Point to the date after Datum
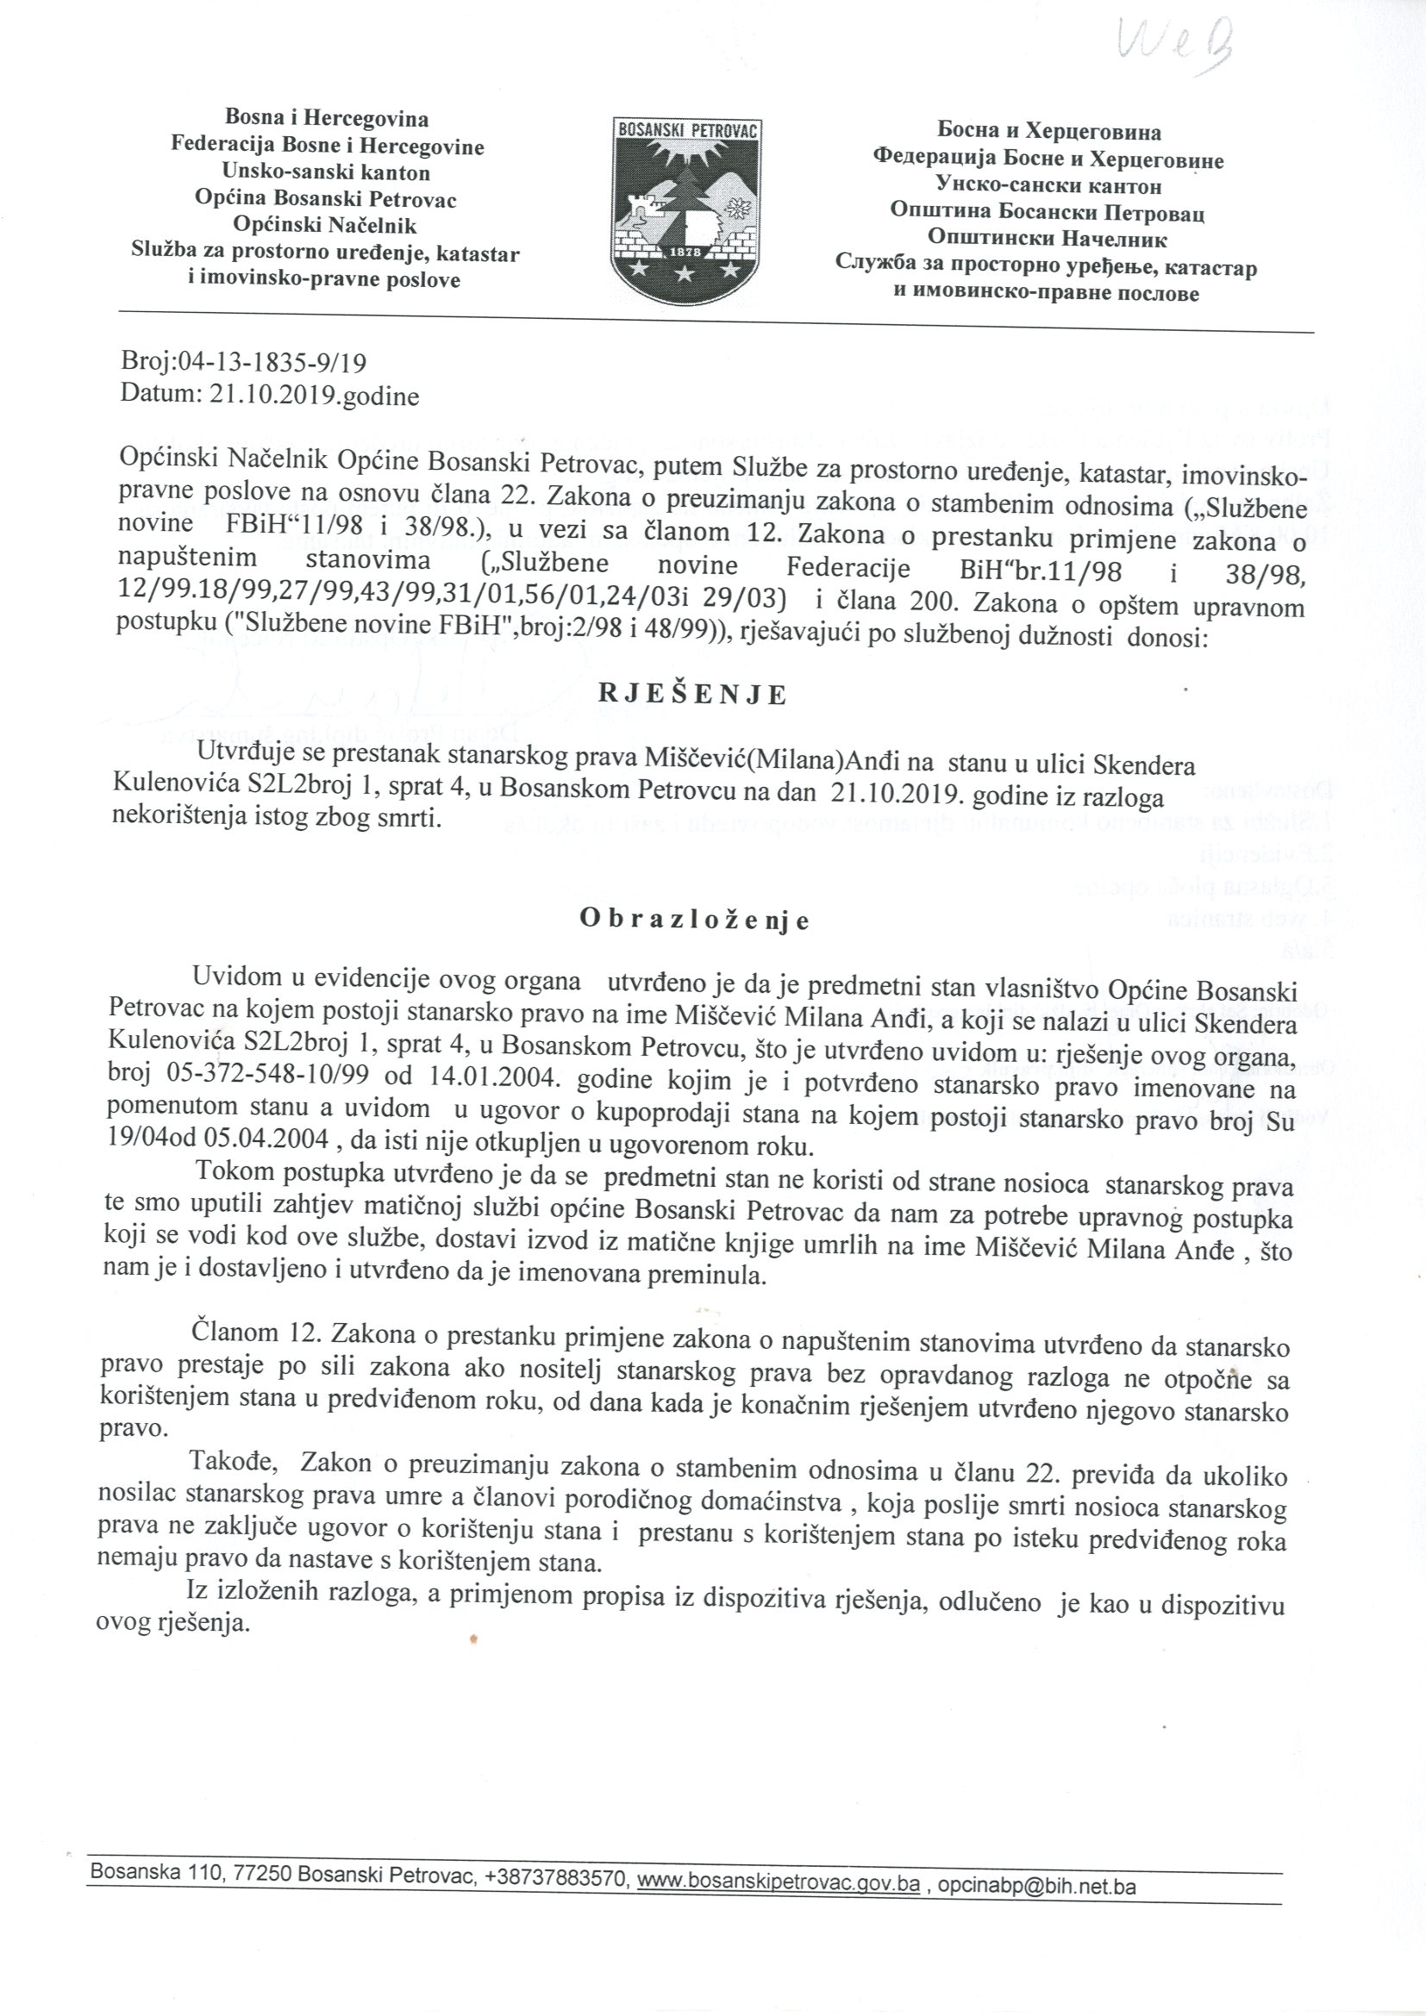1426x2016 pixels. coord(315,396)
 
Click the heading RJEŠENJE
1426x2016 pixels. coord(694,695)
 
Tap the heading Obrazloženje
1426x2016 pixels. coord(694,921)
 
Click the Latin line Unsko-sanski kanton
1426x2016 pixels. coord(327,172)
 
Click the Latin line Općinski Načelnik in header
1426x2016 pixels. coord(326,227)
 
